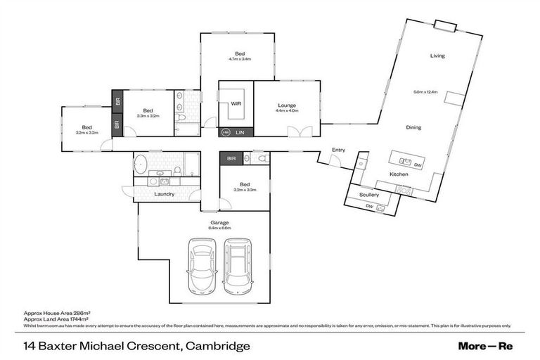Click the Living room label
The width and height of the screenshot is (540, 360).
click(437, 56)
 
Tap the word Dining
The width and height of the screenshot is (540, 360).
click(413, 127)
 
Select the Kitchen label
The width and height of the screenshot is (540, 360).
click(399, 174)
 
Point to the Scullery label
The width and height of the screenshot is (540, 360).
click(368, 195)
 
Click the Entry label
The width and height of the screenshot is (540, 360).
click(339, 149)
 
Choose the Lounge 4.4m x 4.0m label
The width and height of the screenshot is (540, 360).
click(287, 108)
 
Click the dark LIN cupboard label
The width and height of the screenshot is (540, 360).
click(240, 131)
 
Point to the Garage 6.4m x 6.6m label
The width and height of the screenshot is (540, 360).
click(220, 225)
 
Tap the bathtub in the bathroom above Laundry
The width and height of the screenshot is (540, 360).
click(141, 164)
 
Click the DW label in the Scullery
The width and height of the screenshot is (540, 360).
click(368, 205)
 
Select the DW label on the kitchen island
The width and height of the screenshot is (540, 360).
click(418, 165)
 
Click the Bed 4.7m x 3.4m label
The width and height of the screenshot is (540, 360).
click(240, 56)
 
